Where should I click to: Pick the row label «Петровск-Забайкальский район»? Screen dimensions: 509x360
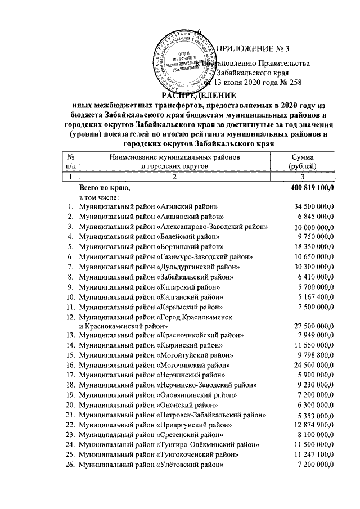[x=172, y=415]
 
